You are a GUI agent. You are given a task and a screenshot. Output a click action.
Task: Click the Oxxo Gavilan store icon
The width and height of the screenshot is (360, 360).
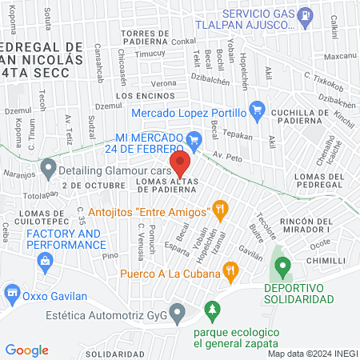click(x=12, y=293)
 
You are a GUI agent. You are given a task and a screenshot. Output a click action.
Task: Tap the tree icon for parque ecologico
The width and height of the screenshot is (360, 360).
click(x=212, y=308)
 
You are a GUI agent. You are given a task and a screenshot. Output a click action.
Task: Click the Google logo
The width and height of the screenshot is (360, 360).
click(x=27, y=350)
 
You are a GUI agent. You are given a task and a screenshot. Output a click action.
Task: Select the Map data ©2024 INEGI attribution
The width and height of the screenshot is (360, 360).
click(x=311, y=353)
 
